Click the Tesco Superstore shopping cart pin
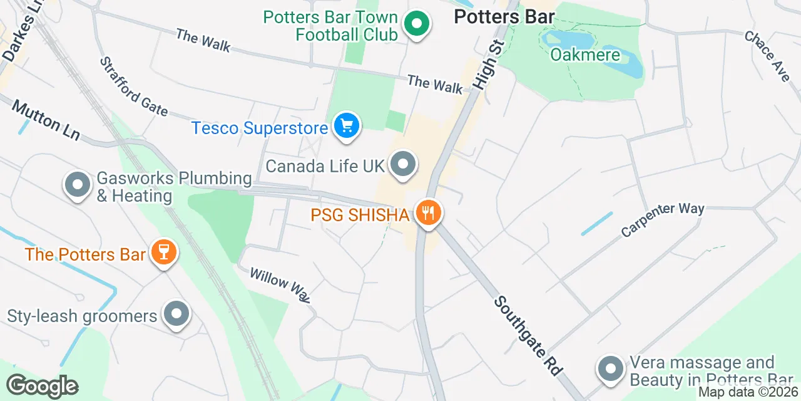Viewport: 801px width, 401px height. click(x=346, y=126)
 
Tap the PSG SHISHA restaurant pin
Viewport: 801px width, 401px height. click(x=428, y=213)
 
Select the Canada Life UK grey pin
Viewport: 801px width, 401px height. click(x=403, y=165)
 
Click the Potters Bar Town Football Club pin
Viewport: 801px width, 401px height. click(x=416, y=25)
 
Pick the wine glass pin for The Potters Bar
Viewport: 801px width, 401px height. click(x=164, y=253)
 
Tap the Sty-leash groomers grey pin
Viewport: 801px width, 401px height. click(x=176, y=315)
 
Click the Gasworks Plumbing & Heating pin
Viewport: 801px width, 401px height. click(x=78, y=185)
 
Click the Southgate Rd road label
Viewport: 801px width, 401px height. click(x=527, y=336)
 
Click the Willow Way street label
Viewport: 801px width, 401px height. click(x=280, y=284)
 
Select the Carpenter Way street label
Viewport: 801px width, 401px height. click(x=663, y=220)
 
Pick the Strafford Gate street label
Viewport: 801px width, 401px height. click(x=133, y=86)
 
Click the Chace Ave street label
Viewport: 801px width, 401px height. click(x=767, y=55)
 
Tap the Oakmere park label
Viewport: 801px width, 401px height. click(x=585, y=55)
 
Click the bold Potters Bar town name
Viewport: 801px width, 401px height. click(x=504, y=17)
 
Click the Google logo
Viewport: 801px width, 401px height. click(x=42, y=387)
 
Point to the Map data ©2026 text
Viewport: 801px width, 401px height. click(x=748, y=392)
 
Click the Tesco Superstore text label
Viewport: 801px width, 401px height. click(x=260, y=128)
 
